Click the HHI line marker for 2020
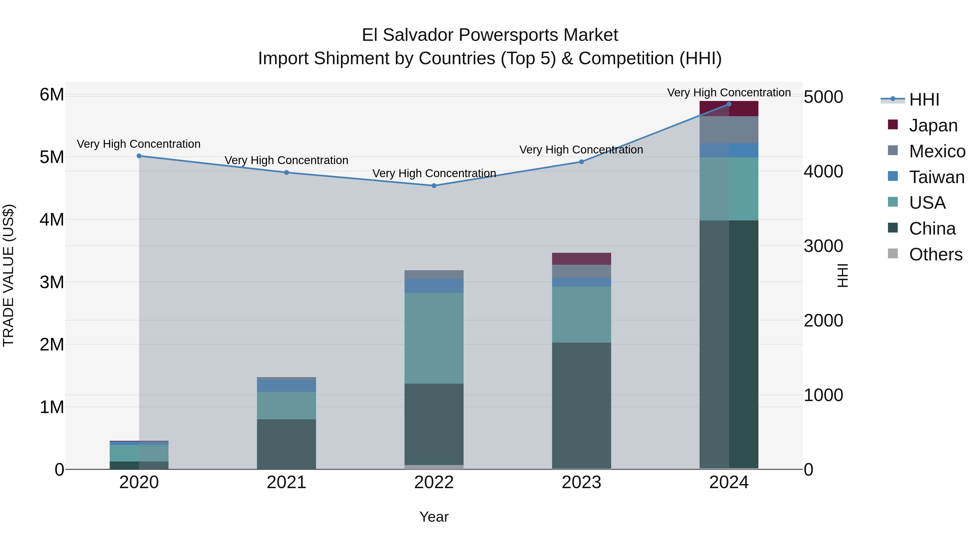139,156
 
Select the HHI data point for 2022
434,186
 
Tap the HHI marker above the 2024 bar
729,104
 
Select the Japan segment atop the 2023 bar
581,258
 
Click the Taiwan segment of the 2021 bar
286,386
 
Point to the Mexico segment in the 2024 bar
729,130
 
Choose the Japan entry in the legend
933,125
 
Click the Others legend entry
935,254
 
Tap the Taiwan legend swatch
893,176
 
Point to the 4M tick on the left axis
52,219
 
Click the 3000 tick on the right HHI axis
823,246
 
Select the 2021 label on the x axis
286,482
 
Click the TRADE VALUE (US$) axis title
8,275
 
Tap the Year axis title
434,517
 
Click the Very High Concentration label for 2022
434,173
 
